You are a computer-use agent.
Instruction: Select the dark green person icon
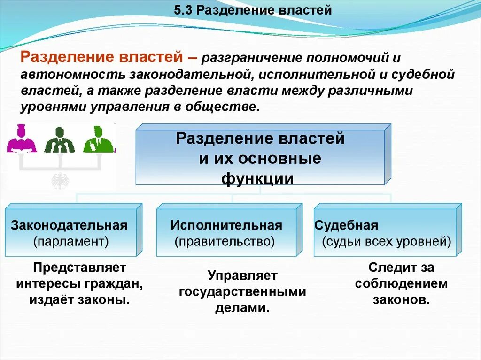tap(60, 140)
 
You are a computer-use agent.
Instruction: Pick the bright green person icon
tap(98, 139)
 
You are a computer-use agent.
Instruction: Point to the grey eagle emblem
tap(60, 180)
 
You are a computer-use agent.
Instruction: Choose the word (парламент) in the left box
tap(71, 242)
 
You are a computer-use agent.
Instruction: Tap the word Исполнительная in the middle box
tap(226, 225)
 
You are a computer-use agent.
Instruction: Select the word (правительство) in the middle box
tap(225, 242)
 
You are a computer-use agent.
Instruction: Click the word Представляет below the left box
tap(80, 268)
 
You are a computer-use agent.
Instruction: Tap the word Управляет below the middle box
tap(242, 276)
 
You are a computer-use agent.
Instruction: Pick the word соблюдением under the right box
tap(401, 284)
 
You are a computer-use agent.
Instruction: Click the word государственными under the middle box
tap(242, 292)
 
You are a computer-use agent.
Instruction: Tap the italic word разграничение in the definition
tap(252, 59)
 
